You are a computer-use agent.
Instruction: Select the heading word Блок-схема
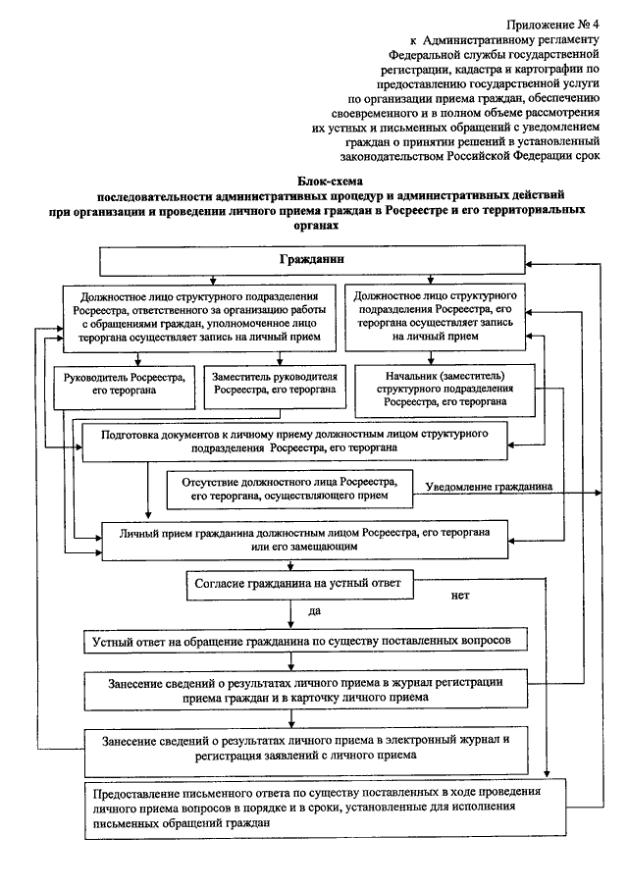pyautogui.click(x=329, y=181)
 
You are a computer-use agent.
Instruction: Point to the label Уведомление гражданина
pyautogui.click(x=487, y=487)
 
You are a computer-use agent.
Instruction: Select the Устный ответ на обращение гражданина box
pyautogui.click(x=310, y=640)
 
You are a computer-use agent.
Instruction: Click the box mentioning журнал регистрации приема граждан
pyautogui.click(x=310, y=690)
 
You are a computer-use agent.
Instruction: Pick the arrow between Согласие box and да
pyautogui.click(x=292, y=612)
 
